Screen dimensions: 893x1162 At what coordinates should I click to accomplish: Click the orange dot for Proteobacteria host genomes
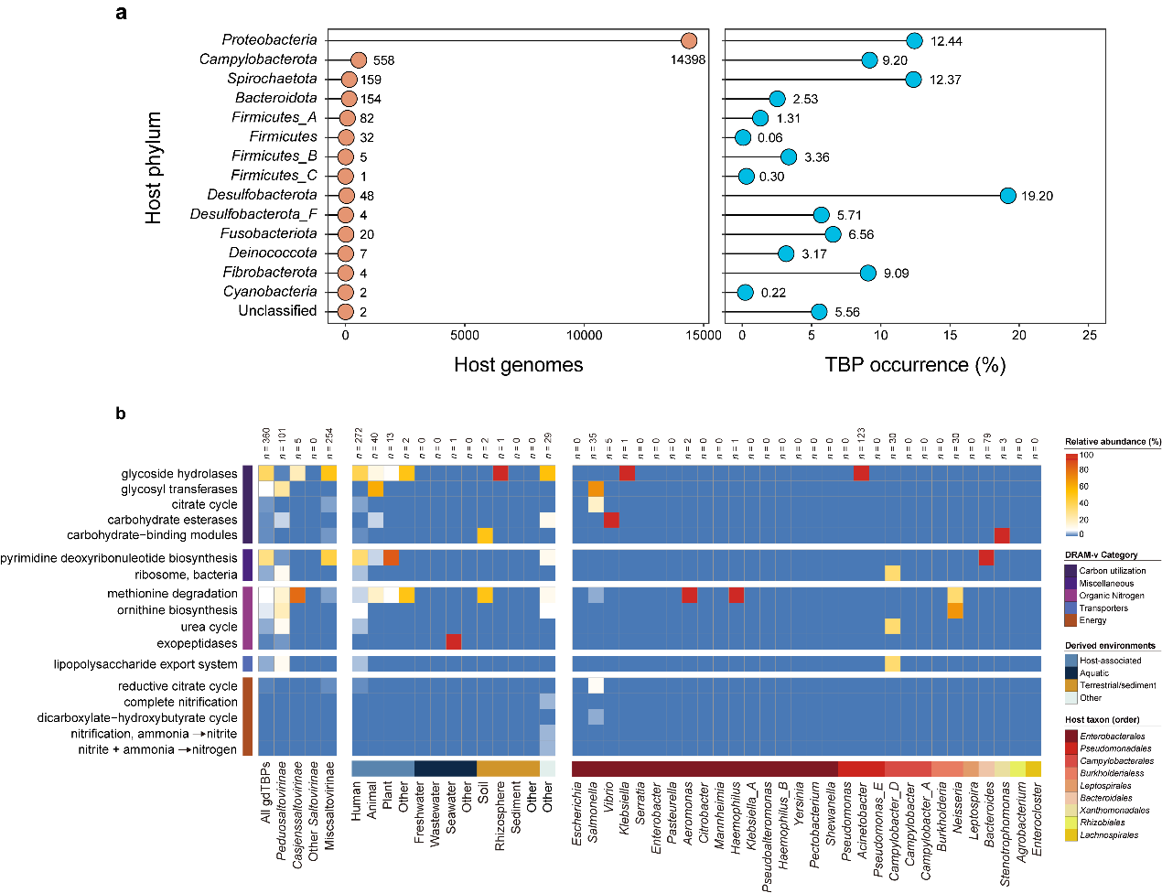689,40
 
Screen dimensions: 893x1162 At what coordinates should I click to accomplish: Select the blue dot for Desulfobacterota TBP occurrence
1007,195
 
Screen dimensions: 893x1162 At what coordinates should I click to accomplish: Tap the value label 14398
688,60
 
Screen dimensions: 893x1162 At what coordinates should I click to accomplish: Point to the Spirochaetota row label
272,79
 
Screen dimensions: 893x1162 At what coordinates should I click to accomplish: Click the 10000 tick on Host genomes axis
585,335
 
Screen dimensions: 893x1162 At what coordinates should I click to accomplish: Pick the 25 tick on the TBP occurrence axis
1090,335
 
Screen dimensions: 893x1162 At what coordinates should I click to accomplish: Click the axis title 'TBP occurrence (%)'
915,365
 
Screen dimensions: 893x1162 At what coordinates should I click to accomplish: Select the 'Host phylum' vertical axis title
154,168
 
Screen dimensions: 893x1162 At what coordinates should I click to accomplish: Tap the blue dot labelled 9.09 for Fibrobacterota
867,273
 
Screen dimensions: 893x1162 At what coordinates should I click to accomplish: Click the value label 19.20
1037,196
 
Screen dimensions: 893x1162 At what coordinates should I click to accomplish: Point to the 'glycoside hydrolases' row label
179,474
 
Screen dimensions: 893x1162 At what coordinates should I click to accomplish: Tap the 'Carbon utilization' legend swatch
1071,570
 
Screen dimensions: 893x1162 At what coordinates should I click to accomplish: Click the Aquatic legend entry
1093,672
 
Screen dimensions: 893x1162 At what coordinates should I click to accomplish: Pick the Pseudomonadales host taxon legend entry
1115,748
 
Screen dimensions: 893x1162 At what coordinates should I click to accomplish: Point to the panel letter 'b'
121,414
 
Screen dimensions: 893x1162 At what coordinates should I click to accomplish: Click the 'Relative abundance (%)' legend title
1113,442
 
